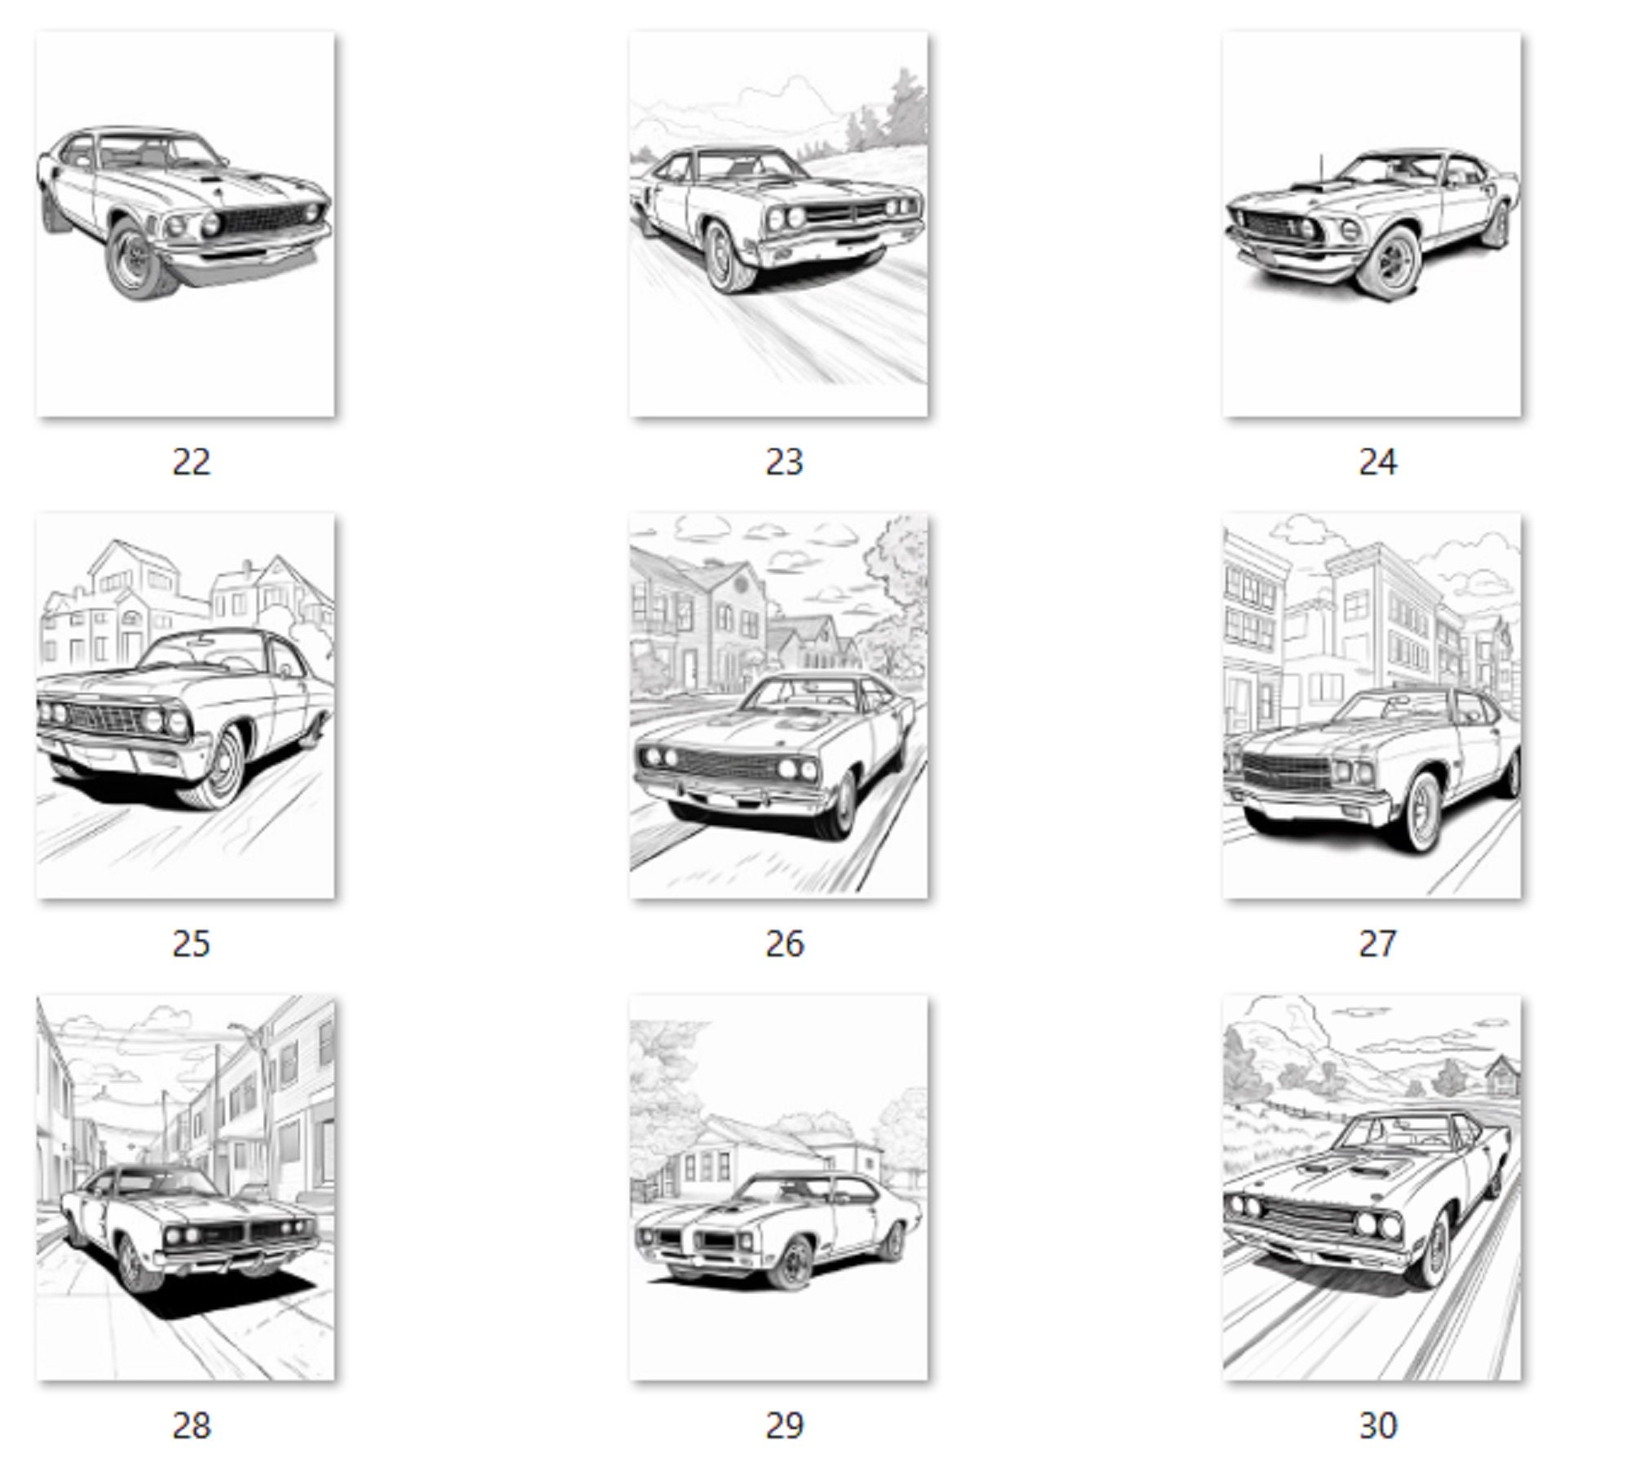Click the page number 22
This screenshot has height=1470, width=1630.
[192, 462]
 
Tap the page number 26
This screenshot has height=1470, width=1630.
[784, 944]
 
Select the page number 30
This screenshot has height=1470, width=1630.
[1377, 1425]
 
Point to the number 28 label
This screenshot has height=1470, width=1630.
[192, 1425]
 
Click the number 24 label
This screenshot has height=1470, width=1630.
[1377, 462]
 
